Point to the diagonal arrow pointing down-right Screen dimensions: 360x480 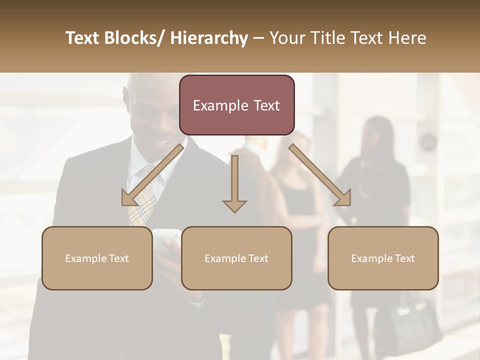[320, 175]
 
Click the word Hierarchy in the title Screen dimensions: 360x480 [209, 38]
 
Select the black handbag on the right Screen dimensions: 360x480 [415, 320]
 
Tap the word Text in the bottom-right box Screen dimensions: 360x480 [404, 258]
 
